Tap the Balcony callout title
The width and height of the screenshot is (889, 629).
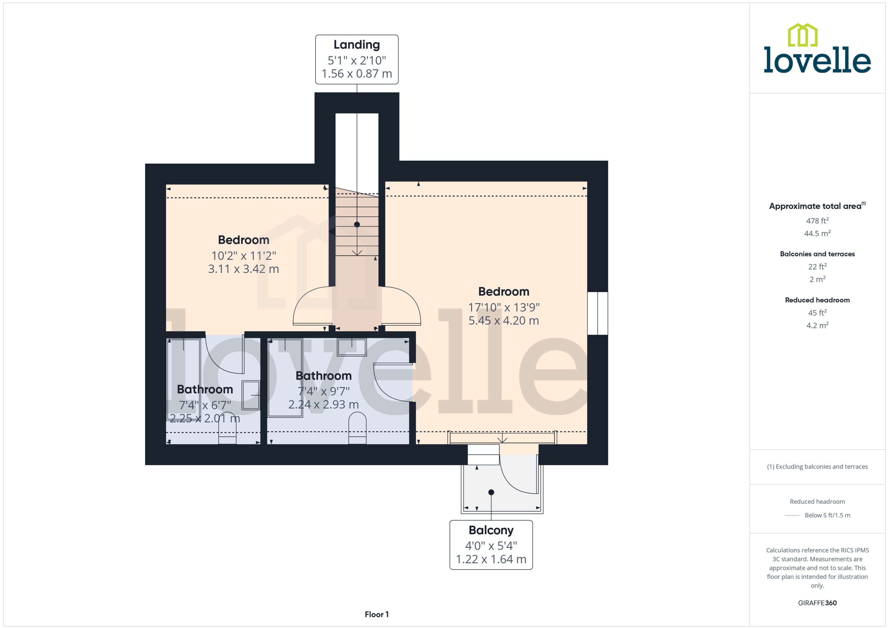click(x=491, y=530)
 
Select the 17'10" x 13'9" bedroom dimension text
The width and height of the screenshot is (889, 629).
click(x=504, y=307)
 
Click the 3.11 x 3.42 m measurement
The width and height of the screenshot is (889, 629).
click(x=243, y=269)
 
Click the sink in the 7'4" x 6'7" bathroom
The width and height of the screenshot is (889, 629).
click(x=251, y=395)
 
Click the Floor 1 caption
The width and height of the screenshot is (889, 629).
click(x=376, y=614)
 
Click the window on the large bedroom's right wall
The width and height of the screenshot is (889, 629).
click(x=597, y=313)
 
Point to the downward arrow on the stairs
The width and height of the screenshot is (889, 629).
click(x=357, y=252)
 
